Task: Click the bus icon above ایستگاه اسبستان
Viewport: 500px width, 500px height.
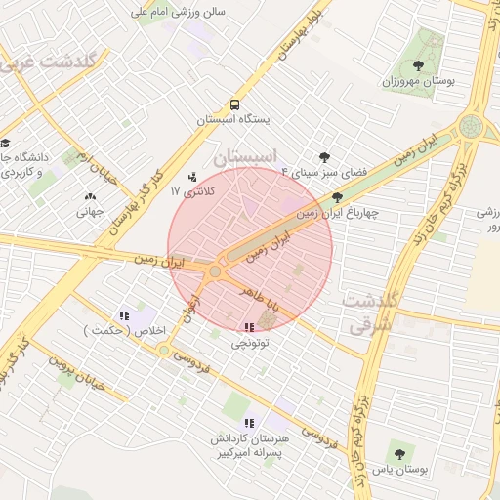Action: click(x=234, y=104)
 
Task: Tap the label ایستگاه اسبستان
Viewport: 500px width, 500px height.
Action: click(x=234, y=119)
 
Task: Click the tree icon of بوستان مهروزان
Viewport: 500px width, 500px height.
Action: click(x=418, y=65)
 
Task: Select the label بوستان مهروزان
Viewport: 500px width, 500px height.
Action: click(x=419, y=79)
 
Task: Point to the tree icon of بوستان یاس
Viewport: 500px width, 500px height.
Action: click(x=398, y=454)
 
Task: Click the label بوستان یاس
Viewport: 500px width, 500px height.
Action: click(x=402, y=470)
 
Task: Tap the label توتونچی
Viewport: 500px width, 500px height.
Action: click(x=250, y=344)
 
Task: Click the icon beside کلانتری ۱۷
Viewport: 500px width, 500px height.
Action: click(x=190, y=178)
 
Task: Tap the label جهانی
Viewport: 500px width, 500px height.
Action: click(x=89, y=210)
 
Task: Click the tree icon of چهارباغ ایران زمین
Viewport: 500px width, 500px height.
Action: click(x=337, y=196)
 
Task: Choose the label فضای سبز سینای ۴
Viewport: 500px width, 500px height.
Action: click(x=324, y=171)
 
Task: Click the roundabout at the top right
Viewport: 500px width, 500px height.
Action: click(x=472, y=127)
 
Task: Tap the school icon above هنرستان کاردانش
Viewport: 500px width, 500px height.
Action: click(x=248, y=423)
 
